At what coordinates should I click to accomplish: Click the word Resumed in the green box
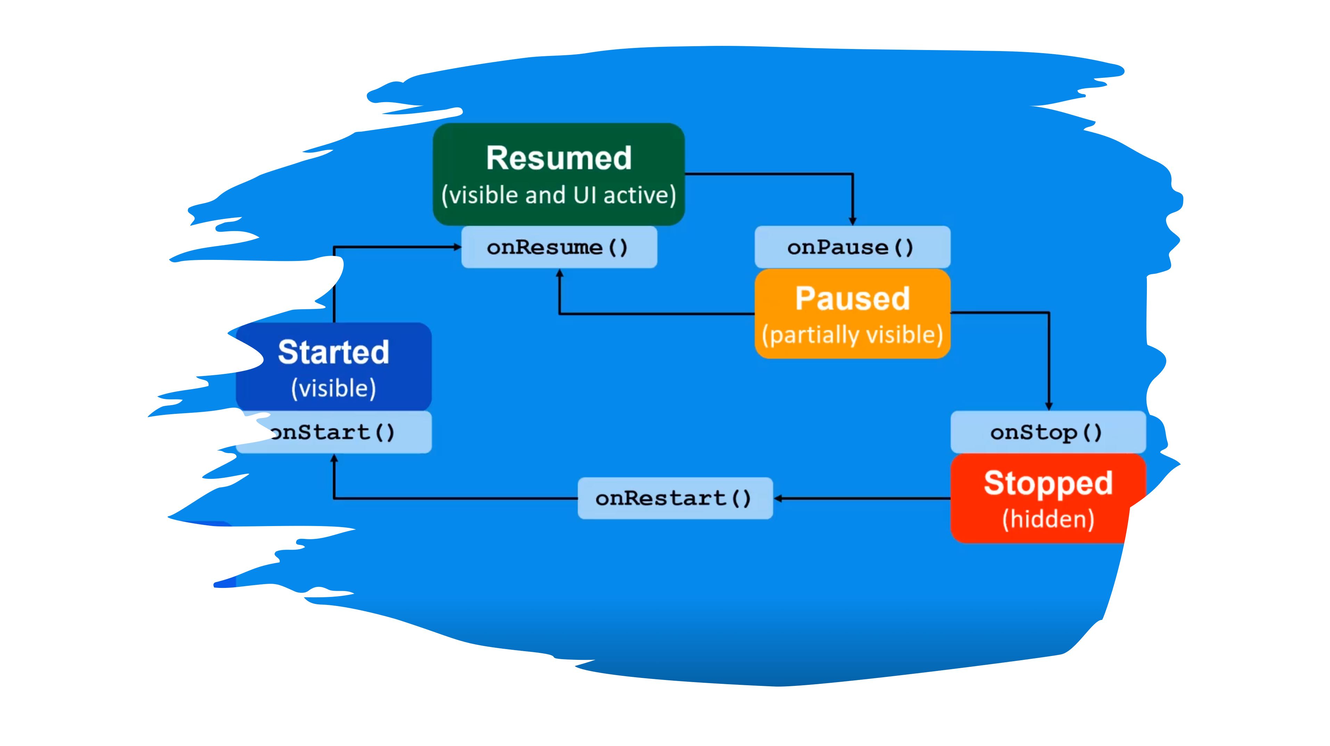point(558,158)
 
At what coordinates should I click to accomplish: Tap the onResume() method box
point(559,247)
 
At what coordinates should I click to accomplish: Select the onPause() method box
point(852,247)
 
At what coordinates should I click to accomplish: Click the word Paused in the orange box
point(852,298)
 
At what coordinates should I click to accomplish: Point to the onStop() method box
point(1048,432)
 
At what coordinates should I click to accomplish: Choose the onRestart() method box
point(675,498)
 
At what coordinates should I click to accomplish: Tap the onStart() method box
point(334,432)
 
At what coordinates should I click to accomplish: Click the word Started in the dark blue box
point(334,352)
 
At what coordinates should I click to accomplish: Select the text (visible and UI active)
point(558,196)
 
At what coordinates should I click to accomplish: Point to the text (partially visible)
point(852,335)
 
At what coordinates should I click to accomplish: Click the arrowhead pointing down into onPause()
point(852,221)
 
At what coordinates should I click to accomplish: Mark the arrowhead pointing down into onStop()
point(1049,406)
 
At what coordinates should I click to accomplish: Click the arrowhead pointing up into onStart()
point(334,458)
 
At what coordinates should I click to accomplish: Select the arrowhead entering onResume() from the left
point(457,247)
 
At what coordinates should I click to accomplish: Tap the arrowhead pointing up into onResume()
point(559,273)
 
